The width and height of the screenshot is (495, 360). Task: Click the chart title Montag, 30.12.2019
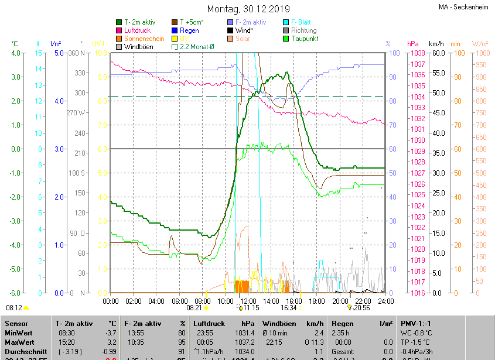249,9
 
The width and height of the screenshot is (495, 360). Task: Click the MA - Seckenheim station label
463,7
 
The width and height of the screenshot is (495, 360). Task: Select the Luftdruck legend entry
138,30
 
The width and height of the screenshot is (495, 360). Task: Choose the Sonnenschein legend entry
143,38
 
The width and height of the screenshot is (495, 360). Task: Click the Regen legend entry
189,30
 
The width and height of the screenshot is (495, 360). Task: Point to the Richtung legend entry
303,30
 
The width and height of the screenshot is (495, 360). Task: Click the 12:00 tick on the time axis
248,301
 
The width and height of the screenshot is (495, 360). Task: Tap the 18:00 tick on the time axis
316,301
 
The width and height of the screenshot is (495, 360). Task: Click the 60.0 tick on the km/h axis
437,53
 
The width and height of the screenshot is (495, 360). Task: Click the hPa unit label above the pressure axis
413,43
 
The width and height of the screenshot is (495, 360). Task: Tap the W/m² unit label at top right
479,43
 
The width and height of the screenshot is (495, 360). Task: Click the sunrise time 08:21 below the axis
194,307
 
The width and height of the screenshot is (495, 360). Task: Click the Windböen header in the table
278,323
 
